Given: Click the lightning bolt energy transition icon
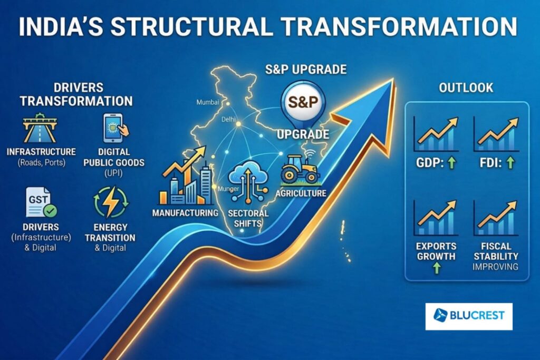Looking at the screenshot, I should pyautogui.click(x=111, y=203).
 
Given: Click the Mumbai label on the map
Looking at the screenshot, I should pyautogui.click(x=206, y=102).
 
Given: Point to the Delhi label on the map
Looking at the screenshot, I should pyautogui.click(x=228, y=120).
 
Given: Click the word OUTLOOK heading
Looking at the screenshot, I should pyautogui.click(x=466, y=88).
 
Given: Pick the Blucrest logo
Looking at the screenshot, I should pyautogui.click(x=468, y=316).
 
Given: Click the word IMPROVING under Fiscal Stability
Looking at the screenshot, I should pyautogui.click(x=496, y=267).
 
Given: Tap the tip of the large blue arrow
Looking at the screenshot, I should pyautogui.click(x=393, y=81).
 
